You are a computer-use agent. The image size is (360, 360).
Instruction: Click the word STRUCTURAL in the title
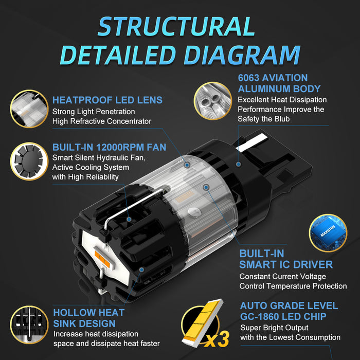coord(176,26)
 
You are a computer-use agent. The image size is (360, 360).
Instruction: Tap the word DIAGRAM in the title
coord(242,55)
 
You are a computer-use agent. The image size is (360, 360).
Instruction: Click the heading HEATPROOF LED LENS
coord(107,100)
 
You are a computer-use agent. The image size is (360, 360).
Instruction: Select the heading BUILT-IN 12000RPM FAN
coord(109,147)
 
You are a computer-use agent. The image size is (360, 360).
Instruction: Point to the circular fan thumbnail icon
coord(29,161)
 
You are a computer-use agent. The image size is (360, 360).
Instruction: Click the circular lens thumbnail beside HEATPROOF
coord(29,109)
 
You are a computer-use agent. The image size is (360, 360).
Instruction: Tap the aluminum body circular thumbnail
coord(213,101)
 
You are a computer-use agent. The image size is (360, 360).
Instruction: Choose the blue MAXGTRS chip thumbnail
coord(328,233)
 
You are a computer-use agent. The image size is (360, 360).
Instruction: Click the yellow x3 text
coord(217,339)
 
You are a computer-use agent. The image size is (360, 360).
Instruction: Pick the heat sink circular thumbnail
coord(29,325)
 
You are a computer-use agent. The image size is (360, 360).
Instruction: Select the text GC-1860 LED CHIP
coord(283,317)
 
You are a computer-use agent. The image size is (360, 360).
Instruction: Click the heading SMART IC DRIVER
coord(286,265)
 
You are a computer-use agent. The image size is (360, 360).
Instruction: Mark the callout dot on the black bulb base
coord(239,164)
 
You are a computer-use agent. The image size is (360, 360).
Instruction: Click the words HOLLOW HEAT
coord(89,313)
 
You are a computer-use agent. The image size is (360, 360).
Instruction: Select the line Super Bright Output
coord(274,328)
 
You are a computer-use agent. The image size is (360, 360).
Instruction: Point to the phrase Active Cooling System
coord(91,167)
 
